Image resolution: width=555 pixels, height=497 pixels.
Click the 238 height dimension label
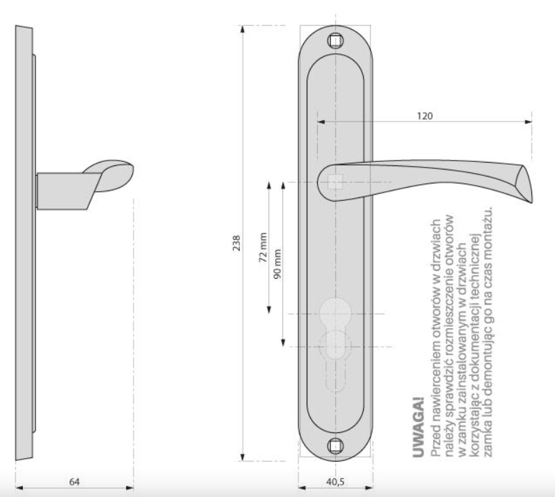pos(236,243)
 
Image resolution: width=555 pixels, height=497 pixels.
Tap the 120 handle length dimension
pos(424,115)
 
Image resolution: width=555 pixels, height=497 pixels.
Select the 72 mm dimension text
pos(263,247)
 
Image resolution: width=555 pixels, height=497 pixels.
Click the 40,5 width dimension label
pos(335,482)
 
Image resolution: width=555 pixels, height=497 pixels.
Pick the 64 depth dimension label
pos(74,482)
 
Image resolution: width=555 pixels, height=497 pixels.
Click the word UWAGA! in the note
pos(419,427)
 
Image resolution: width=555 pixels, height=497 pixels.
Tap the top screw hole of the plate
pos(335,41)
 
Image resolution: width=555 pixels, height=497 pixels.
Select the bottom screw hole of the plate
pos(335,446)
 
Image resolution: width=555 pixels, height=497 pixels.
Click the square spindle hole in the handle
pos(335,182)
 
